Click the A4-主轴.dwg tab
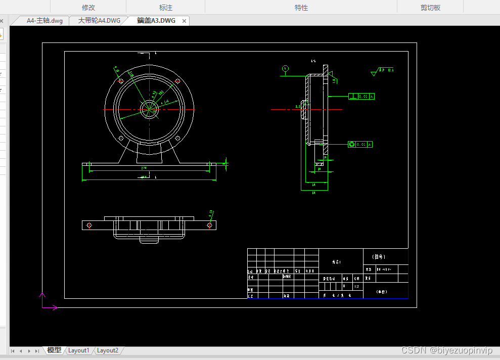44,21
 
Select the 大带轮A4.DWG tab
99,21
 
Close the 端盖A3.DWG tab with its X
185,21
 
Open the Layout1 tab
79,350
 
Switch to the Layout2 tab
108,350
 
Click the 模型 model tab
54,350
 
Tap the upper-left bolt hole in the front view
121,81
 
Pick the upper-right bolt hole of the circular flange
177,81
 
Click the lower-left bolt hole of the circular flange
121,138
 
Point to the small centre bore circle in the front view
149,109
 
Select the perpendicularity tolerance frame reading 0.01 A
361,96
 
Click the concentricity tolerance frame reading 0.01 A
360,144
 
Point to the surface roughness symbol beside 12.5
374,73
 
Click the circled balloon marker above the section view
286,68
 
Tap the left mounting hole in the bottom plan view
89,225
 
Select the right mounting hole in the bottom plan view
209,225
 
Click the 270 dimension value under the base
144,168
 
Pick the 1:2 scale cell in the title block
356,286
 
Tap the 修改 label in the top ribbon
88,8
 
